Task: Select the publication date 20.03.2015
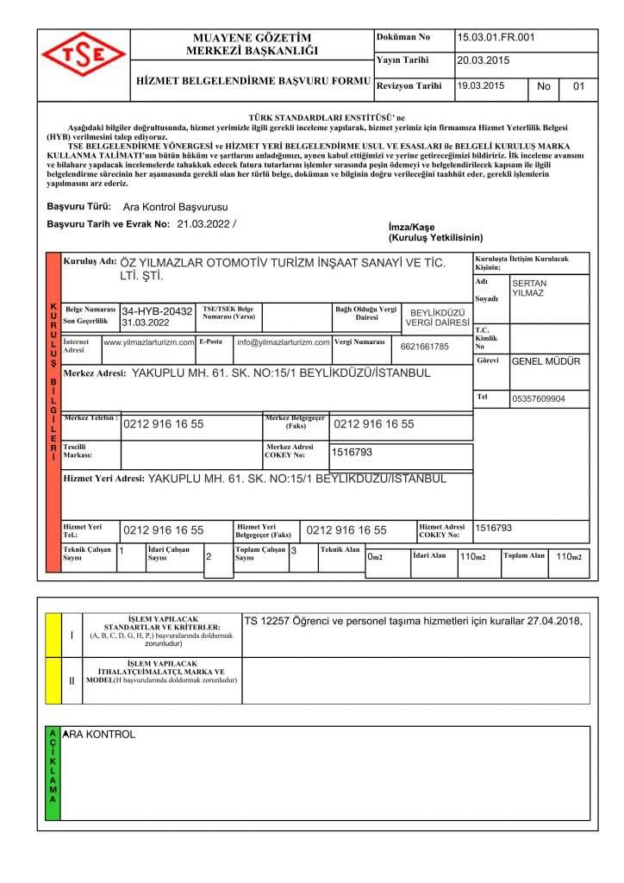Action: pos(483,60)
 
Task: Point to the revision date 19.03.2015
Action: pos(481,86)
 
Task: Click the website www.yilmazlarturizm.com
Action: pos(148,342)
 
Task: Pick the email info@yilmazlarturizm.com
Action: pos(284,342)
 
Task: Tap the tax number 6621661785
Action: pos(425,347)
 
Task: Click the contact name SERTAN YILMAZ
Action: pos(529,288)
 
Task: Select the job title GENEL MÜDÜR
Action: pos(546,361)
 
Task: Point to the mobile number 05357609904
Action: pos(539,399)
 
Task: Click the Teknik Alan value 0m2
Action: pos(375,557)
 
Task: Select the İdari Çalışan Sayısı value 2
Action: pos(209,557)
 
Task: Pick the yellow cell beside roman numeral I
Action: pos(52,636)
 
